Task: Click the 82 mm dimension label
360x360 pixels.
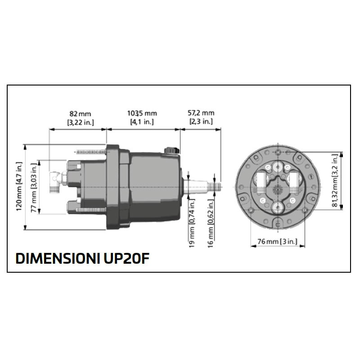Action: click(x=80, y=114)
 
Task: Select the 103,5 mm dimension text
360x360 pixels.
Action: click(x=142, y=113)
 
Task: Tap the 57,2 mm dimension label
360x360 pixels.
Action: click(x=201, y=113)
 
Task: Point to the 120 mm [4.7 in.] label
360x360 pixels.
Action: click(x=19, y=186)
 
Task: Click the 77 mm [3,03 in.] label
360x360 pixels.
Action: click(x=34, y=188)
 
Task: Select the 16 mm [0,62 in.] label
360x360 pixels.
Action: click(x=211, y=223)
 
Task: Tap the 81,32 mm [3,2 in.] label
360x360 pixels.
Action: click(x=335, y=180)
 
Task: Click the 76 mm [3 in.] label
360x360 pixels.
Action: click(x=277, y=242)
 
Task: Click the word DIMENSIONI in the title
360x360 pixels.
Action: click(x=58, y=258)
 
